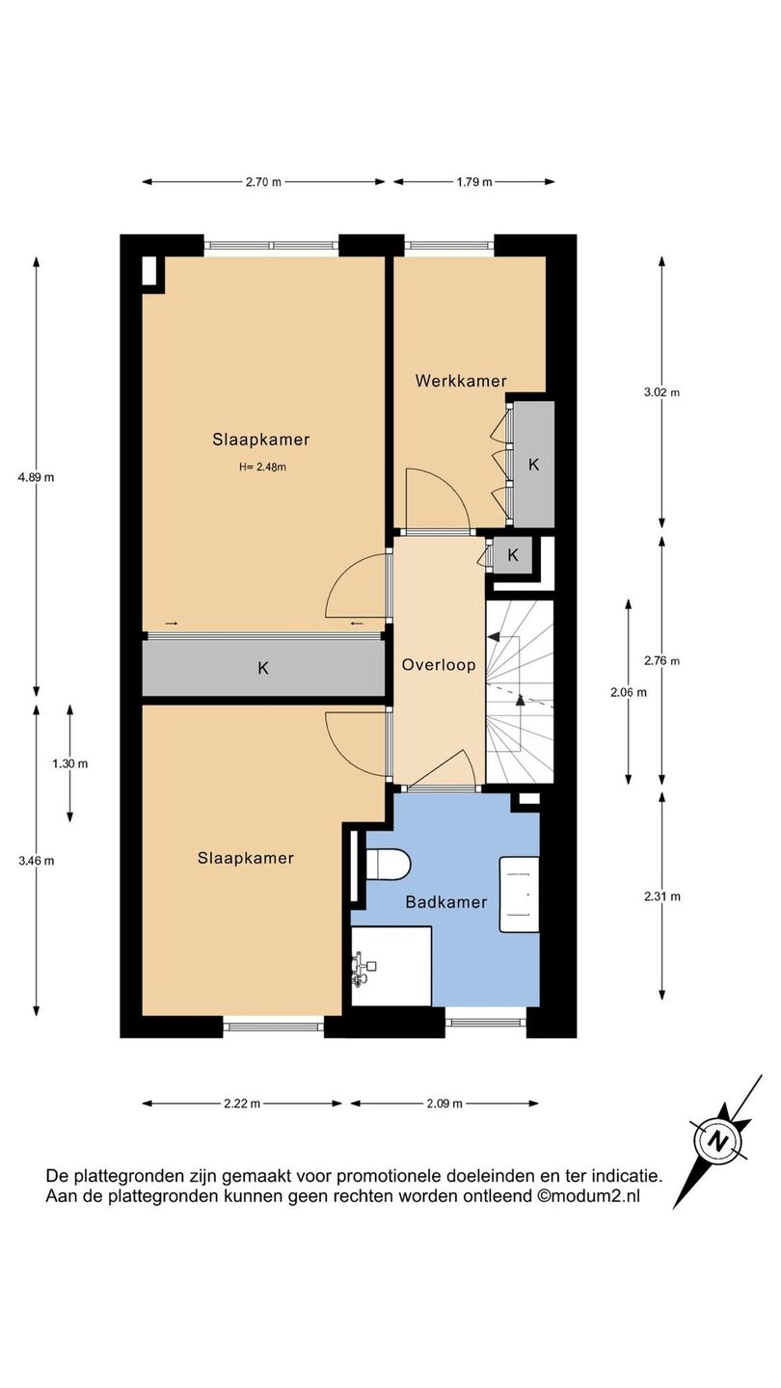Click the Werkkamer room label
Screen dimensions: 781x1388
[461, 381]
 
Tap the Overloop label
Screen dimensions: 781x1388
[439, 665]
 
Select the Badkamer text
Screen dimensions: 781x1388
[445, 902]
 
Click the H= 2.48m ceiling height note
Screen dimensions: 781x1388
[263, 467]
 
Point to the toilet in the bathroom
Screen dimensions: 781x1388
[389, 864]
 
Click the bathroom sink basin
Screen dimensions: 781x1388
[520, 894]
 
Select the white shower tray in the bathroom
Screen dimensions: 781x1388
[391, 966]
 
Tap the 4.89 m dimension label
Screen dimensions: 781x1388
[36, 477]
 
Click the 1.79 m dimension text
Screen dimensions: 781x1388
[474, 181]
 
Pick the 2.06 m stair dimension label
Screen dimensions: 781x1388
[629, 692]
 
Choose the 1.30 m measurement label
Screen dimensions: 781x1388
[70, 764]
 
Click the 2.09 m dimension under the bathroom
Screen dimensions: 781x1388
[444, 1104]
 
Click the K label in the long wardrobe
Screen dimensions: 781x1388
[263, 668]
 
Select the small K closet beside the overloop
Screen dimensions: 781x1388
[513, 555]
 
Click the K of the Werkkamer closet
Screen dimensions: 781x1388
[534, 465]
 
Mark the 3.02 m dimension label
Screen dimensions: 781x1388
[662, 392]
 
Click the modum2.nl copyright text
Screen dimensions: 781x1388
[588, 1196]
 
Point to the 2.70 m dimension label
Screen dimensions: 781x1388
[263, 181]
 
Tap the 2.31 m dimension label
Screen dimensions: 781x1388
[662, 896]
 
